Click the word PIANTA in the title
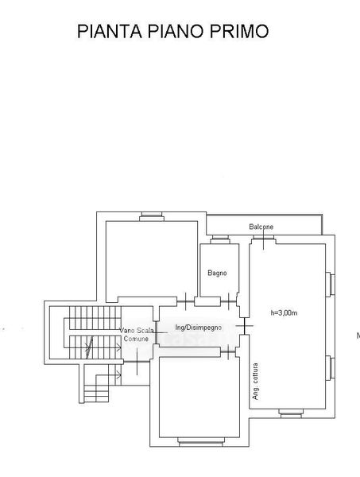coord(110,31)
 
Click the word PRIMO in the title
coord(239,31)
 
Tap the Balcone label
coord(261,227)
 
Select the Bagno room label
coord(217,273)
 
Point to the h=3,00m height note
coord(284,312)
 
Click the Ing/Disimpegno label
coord(198,328)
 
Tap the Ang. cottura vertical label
coord(255,382)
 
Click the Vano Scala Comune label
coord(136,335)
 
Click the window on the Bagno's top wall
coord(220,240)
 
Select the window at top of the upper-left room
coord(152,216)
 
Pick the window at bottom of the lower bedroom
coord(201,442)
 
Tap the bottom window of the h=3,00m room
coord(292,413)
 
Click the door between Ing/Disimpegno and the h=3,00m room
coord(245,326)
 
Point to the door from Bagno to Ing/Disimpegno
coord(229,301)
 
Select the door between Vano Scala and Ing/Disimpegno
coord(156,332)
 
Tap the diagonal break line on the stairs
coord(90,347)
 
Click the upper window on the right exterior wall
coord(331,285)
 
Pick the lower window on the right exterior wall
coord(331,368)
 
